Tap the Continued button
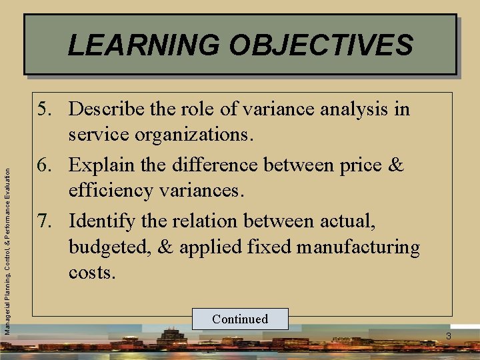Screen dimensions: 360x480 (240, 319)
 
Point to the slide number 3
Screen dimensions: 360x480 (449, 337)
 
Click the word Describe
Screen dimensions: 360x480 (105, 109)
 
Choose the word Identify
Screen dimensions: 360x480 (103, 220)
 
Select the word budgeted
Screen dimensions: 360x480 (110, 247)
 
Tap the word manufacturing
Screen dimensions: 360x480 (359, 247)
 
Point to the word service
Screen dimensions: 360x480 (99, 135)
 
